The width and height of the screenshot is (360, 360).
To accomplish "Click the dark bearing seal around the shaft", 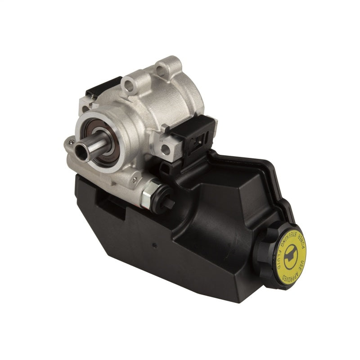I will tap(96, 139).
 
